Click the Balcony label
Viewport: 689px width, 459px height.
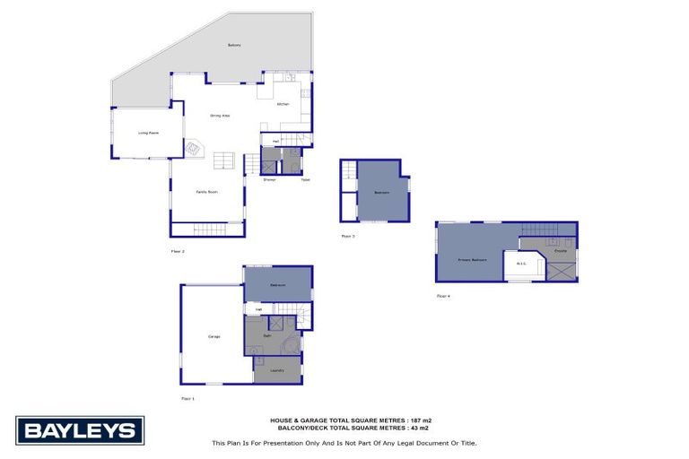tap(234, 45)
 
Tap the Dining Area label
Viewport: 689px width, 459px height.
tap(220, 116)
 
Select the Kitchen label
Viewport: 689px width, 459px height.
tap(283, 105)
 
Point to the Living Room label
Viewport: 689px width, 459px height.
tap(148, 133)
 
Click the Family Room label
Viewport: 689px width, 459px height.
tap(207, 192)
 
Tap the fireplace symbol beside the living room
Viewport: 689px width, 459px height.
tap(195, 149)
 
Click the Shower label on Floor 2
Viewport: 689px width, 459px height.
tap(269, 180)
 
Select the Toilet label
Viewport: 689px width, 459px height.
tap(293, 180)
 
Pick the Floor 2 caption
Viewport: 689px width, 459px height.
tap(177, 251)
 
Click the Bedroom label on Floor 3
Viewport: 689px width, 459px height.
tap(381, 193)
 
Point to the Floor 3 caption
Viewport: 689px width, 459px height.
tap(348, 236)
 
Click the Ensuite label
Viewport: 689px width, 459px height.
tap(560, 251)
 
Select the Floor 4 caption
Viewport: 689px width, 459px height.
tap(443, 295)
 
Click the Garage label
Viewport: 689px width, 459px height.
tap(214, 336)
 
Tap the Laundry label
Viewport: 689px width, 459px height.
tap(277, 370)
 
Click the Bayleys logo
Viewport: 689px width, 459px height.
tap(80, 430)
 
